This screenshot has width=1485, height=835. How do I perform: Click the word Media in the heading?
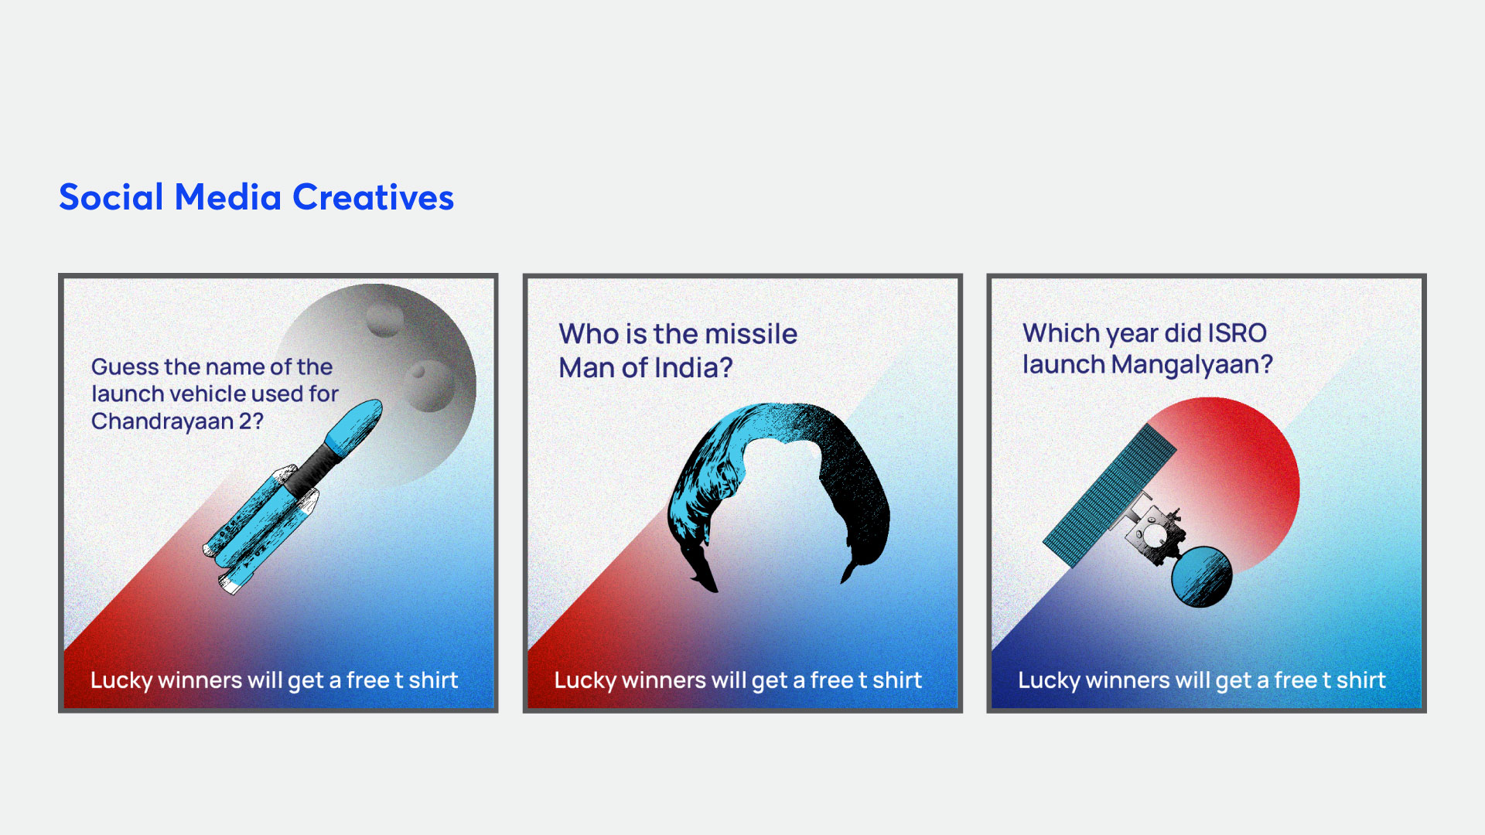click(x=227, y=197)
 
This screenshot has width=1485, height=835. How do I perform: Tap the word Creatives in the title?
click(x=373, y=197)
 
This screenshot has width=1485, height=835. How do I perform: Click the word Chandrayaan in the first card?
click(x=162, y=421)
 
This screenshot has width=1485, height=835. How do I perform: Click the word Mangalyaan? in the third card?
click(x=1192, y=365)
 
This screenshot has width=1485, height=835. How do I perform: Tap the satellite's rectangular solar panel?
click(x=1109, y=496)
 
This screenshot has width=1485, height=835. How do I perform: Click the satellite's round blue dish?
click(x=1201, y=577)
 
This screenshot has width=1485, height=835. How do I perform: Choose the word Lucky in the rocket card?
click(x=121, y=681)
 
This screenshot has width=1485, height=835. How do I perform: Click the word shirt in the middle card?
click(x=897, y=680)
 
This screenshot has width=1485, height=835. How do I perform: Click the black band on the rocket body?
click(x=315, y=467)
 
